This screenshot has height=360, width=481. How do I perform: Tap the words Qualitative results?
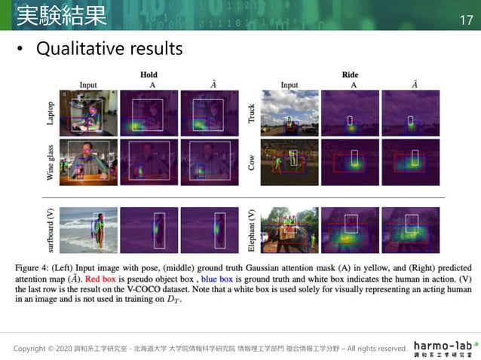[109, 50]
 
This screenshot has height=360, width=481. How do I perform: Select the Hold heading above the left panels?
[149, 75]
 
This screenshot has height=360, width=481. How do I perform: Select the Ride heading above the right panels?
[351, 75]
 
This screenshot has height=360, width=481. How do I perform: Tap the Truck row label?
[251, 113]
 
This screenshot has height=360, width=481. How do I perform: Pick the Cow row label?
[251, 160]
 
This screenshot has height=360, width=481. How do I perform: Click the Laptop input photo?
[89, 113]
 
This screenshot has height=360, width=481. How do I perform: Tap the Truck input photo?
[289, 113]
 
